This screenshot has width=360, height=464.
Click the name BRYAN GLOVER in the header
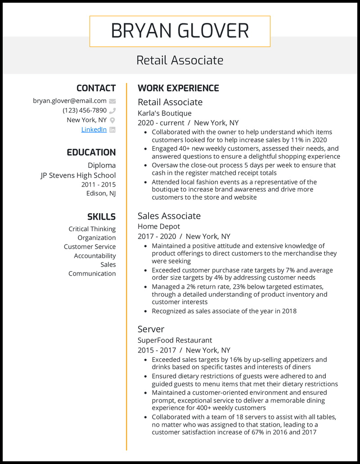pyautogui.click(x=180, y=31)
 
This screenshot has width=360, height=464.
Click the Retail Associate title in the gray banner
pyautogui.click(x=180, y=60)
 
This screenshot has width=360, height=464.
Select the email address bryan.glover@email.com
pyautogui.click(x=69, y=101)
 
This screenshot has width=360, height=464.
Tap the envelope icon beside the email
pyautogui.click(x=112, y=101)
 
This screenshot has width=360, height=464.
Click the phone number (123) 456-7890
pyautogui.click(x=85, y=110)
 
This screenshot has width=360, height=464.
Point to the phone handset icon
pyautogui.click(x=112, y=111)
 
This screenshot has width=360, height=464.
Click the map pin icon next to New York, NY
pyautogui.click(x=112, y=120)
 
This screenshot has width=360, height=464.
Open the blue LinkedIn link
pyautogui.click(x=94, y=129)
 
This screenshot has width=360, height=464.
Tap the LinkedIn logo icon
pyautogui.click(x=112, y=130)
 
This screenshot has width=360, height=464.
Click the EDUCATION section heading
pyautogui.click(x=91, y=152)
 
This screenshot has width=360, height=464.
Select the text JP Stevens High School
pyautogui.click(x=78, y=175)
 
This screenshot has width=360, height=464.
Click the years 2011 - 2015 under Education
pyautogui.click(x=98, y=184)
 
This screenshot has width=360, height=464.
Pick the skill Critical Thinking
pyautogui.click(x=92, y=229)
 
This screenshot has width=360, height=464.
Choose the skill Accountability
pyautogui.click(x=94, y=256)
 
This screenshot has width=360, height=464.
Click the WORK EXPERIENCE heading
pyautogui.click(x=178, y=88)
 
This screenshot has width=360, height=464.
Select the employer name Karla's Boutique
pyautogui.click(x=164, y=113)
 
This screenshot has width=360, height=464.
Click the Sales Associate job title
pyautogui.click(x=169, y=216)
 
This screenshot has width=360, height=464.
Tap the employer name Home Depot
pyautogui.click(x=158, y=227)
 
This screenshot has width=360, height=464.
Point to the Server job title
pyautogui.click(x=151, y=329)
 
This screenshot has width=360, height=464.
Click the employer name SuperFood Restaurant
pyautogui.click(x=175, y=340)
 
